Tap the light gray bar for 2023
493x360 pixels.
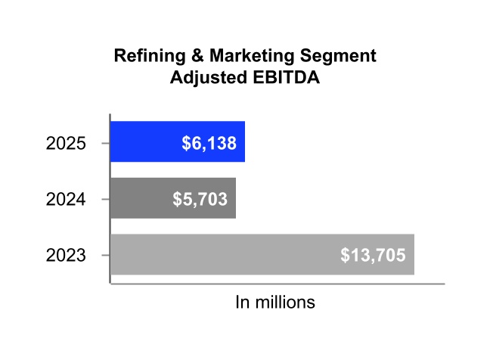227,254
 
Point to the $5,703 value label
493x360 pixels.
200,200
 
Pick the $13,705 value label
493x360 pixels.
373,256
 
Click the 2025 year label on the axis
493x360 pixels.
66,143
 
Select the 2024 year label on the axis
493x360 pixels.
66,200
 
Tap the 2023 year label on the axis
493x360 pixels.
66,256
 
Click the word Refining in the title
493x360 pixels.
144,56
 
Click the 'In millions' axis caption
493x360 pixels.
275,303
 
